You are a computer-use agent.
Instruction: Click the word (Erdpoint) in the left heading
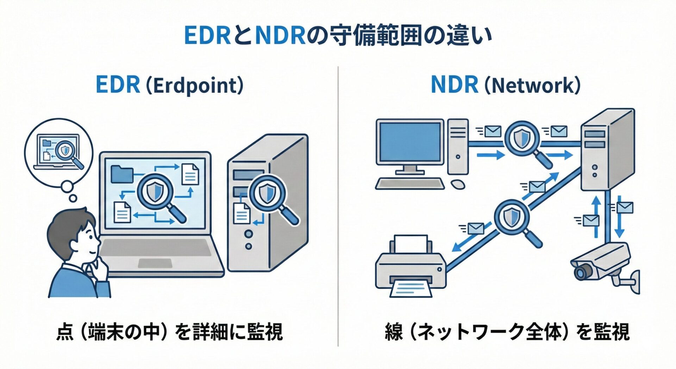(x=194, y=86)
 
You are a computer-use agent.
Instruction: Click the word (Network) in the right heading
(x=532, y=86)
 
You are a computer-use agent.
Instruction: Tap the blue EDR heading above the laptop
(x=118, y=85)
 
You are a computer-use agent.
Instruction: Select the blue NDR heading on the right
(x=454, y=85)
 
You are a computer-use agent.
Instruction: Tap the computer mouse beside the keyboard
(x=458, y=184)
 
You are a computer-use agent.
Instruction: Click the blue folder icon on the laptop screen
(x=122, y=174)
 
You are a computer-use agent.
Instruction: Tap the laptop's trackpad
(x=155, y=263)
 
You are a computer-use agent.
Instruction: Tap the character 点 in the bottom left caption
(x=65, y=332)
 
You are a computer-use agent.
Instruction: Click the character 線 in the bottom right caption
(x=394, y=332)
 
